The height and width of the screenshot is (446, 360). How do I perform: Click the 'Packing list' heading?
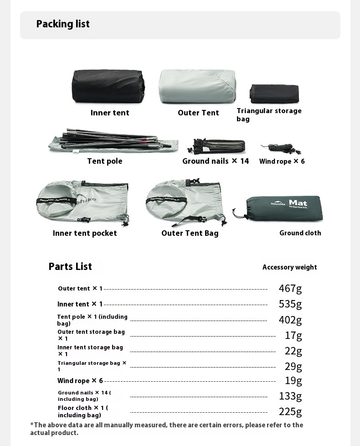click(63, 24)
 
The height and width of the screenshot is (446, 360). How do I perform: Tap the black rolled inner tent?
click(108, 86)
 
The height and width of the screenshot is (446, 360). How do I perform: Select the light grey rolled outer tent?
click(197, 87)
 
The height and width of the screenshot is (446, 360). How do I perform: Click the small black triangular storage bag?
click(274, 94)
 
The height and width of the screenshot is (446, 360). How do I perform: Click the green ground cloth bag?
click(282, 208)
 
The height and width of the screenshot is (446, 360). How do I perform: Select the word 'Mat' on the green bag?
click(298, 203)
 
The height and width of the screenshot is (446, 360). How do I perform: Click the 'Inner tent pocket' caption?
click(85, 233)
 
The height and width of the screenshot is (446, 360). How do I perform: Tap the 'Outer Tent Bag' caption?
click(190, 233)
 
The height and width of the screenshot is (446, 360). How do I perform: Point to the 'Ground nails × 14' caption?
click(216, 161)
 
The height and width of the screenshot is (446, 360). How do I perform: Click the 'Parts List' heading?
click(70, 267)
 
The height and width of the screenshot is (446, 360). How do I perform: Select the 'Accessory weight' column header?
click(289, 267)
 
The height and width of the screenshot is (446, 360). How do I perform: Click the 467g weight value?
click(290, 288)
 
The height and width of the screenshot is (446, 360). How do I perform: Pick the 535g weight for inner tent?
click(290, 304)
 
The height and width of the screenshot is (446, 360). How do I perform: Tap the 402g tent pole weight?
click(290, 320)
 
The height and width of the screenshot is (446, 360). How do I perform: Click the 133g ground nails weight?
click(290, 396)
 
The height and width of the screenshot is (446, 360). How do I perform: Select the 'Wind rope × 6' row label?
click(80, 381)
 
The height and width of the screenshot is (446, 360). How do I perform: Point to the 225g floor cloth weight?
click(290, 412)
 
